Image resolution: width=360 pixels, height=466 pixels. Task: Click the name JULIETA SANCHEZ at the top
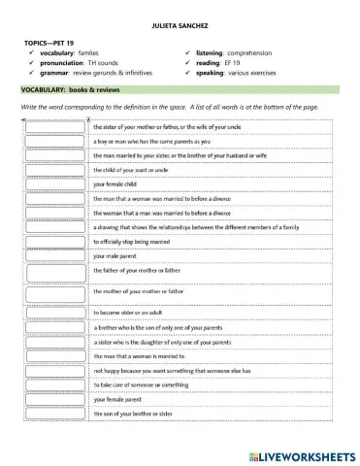pyautogui.click(x=180, y=24)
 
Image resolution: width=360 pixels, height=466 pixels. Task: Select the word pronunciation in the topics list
pyautogui.click(x=69, y=64)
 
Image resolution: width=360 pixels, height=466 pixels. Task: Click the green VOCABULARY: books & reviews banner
pyautogui.click(x=180, y=89)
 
